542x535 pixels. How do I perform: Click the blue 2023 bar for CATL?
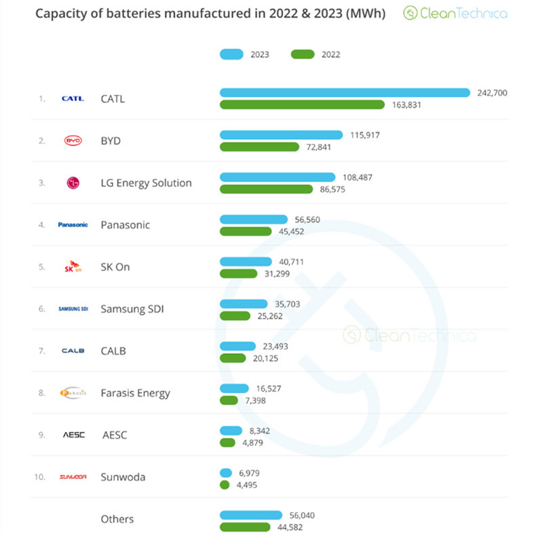click(345, 92)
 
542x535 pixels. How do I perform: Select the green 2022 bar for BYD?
click(259, 147)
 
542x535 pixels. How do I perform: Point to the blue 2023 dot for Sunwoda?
click(226, 472)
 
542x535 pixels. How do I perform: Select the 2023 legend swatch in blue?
click(231, 54)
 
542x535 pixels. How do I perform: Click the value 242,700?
click(492, 93)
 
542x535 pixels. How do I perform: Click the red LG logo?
click(73, 183)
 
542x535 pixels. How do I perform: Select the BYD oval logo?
click(73, 140)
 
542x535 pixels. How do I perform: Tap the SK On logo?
click(73, 266)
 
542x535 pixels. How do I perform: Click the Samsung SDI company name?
click(132, 309)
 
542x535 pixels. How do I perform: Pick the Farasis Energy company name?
click(135, 393)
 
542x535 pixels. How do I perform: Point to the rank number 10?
click(39, 477)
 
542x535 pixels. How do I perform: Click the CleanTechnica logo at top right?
click(455, 13)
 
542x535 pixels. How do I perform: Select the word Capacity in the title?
click(58, 13)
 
